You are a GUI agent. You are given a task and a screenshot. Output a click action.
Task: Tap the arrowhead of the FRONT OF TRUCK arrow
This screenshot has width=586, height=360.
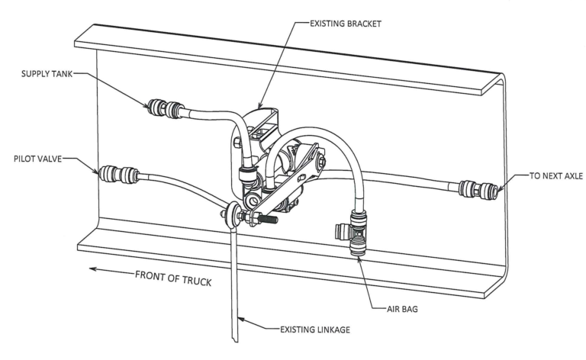coord(93,268)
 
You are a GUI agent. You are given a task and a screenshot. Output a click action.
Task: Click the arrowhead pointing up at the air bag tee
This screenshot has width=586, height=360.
coord(359,259)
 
